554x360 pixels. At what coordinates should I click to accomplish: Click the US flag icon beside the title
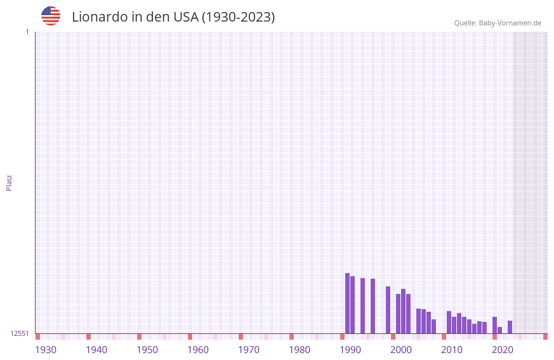(51, 16)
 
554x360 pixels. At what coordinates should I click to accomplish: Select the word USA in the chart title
(185, 17)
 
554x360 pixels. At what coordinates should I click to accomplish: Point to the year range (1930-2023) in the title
(238, 17)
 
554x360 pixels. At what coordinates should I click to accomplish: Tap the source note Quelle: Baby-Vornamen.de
(498, 23)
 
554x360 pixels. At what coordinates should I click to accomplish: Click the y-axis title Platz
(9, 182)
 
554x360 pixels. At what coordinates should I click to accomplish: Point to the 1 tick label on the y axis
(27, 32)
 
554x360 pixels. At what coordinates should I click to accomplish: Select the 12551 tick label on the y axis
(20, 333)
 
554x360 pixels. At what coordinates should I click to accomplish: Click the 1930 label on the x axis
(46, 350)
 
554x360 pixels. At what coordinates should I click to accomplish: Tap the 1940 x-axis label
(96, 350)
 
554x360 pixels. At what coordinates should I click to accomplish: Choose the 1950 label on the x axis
(147, 350)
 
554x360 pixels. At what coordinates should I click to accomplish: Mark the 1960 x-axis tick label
(198, 350)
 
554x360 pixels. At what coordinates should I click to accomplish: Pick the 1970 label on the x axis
(249, 350)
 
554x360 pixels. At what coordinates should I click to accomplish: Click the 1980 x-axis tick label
(300, 350)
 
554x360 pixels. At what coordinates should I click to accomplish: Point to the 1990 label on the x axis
(350, 350)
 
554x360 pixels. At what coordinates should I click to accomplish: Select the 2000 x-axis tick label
(401, 350)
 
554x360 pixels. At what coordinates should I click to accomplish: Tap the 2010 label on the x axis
(452, 350)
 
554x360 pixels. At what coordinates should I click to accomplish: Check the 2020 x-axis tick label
(503, 350)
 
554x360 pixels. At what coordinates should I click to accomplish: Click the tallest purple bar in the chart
(347, 303)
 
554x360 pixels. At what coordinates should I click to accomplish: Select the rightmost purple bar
(510, 327)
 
